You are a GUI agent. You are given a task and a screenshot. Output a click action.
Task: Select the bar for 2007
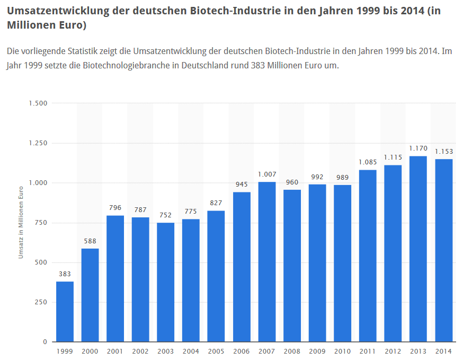pos(267,262)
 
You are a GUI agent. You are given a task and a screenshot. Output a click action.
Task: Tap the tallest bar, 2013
pos(419,249)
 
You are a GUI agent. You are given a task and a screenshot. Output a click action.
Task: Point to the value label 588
pos(90,242)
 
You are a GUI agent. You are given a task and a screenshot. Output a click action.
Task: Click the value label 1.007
pos(267,174)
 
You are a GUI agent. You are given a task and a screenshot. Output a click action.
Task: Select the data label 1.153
pos(444,151)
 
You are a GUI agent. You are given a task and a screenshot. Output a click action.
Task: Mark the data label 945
pos(242,184)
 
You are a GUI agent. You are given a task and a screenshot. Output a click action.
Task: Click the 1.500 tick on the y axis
pos(38,103)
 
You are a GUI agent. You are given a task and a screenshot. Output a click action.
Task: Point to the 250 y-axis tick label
pos(41,302)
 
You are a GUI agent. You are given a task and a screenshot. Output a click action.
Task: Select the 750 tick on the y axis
pos(41,223)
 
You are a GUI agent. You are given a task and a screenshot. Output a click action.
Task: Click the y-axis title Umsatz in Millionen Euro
pos(21,223)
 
